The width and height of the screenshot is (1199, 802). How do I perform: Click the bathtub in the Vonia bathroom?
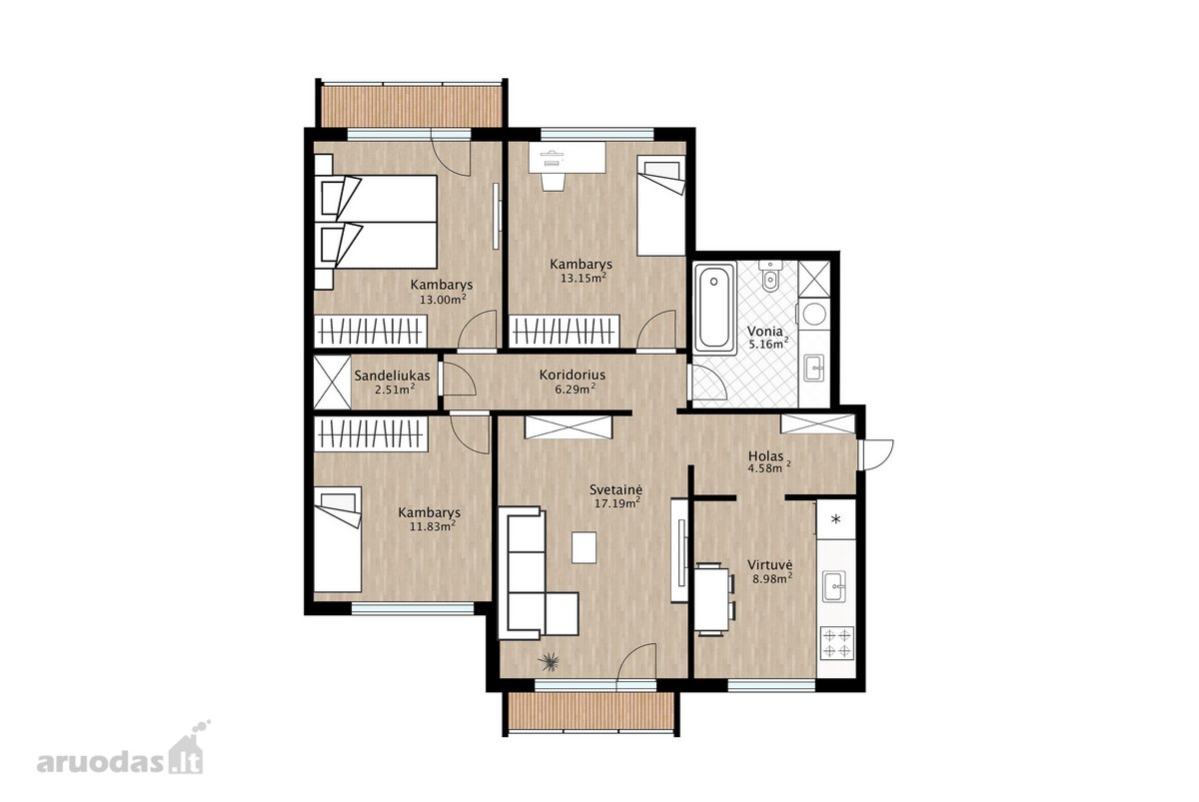click(714, 309)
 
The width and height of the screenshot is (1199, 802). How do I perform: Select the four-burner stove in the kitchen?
click(837, 642)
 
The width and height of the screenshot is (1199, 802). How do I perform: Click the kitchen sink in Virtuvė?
click(834, 587)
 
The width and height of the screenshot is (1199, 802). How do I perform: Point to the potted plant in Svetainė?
click(549, 662)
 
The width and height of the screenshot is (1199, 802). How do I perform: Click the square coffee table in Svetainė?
click(584, 547)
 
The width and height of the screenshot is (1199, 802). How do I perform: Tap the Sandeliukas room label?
click(392, 377)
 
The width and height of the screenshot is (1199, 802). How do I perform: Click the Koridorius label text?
click(573, 375)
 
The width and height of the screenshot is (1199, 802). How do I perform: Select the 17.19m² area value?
click(617, 502)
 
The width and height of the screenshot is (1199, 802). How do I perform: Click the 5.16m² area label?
click(768, 344)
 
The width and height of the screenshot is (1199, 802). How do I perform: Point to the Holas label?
click(765, 456)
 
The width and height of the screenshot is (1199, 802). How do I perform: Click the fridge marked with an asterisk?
click(836, 518)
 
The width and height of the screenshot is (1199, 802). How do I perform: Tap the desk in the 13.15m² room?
click(567, 157)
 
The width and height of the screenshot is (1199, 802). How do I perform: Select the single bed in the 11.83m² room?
click(338, 539)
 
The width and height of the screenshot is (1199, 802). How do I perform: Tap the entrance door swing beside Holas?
click(875, 454)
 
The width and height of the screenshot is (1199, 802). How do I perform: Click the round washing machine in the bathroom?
click(814, 314)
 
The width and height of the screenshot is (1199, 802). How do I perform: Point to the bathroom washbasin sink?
click(815, 367)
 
